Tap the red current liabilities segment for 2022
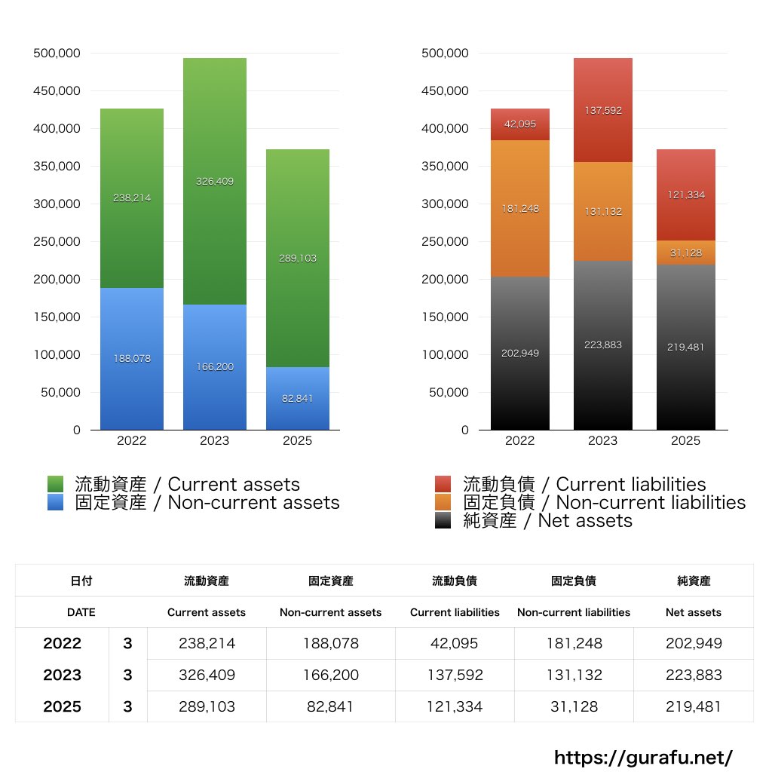pos(520,124)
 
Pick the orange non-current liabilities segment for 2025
pos(686,253)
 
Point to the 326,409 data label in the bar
pos(215,181)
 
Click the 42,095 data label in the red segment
pos(520,124)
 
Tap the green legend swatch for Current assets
pos(55,484)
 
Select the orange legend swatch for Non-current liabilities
pos(443,502)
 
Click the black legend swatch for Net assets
pos(443,520)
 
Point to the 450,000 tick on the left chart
pos(57,91)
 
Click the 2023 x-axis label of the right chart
pos(602,441)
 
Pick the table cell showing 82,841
pos(330,706)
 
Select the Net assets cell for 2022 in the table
pos(694,643)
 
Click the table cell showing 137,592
pos(455,675)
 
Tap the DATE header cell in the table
pos(81,612)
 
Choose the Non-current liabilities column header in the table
pos(574,612)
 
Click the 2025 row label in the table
pos(63,706)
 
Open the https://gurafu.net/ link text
pos(643,757)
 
